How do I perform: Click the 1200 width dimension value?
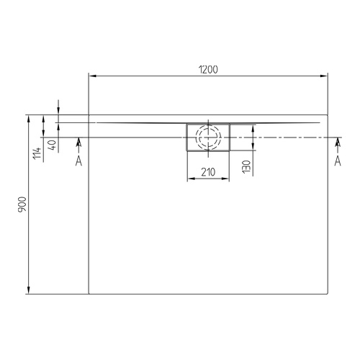tap(207, 69)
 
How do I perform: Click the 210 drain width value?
tap(208, 171)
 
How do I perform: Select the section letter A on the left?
tap(78, 161)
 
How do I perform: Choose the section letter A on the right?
tap(338, 161)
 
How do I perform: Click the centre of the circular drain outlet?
tap(208, 137)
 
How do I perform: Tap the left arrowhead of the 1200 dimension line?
tap(91, 75)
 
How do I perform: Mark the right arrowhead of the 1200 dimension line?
tap(325, 75)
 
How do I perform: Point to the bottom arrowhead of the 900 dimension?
tap(29, 291)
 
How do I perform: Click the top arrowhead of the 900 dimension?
tap(29, 117)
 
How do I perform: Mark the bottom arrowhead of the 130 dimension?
tap(253, 148)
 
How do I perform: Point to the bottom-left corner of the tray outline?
tap(89, 294)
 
